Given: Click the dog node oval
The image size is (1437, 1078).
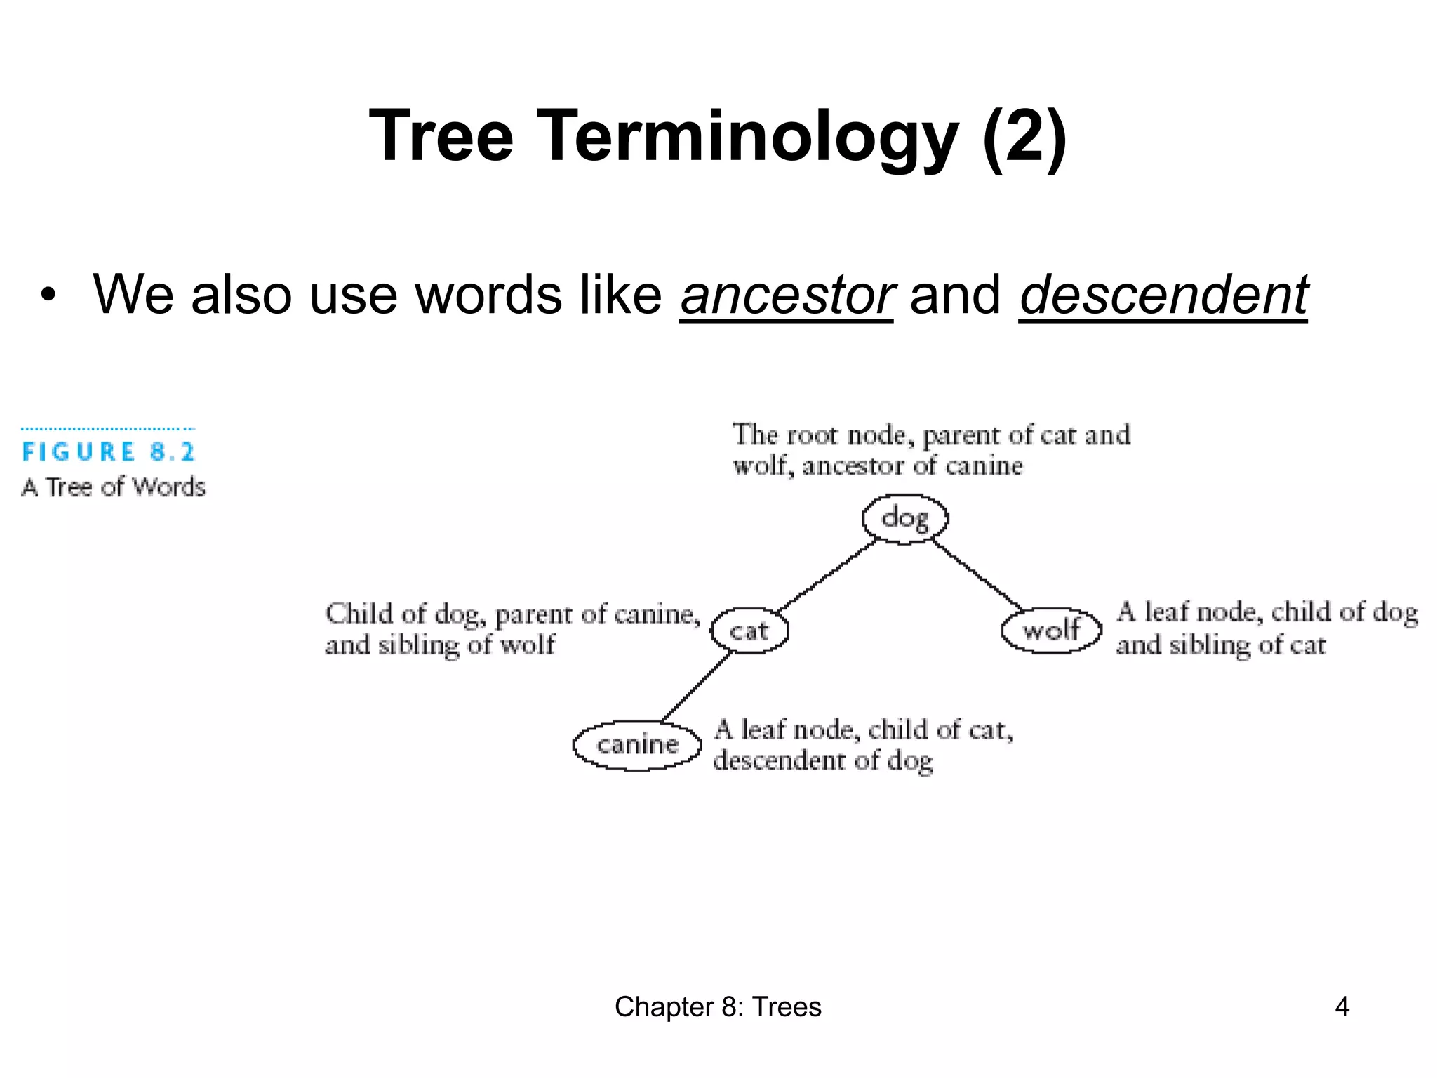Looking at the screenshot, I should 905,519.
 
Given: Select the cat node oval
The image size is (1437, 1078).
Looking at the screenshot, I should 749,630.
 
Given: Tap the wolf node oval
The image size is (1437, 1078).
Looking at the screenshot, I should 1051,630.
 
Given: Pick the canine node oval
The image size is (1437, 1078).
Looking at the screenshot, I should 637,745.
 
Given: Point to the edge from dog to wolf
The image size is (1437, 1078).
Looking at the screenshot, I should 977,574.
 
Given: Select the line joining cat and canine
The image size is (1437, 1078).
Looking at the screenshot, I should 697,686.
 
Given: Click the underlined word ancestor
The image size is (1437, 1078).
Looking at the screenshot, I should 787,295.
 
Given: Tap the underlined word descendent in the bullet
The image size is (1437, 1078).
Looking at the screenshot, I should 1163,295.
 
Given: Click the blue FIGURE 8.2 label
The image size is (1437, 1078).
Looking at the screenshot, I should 109,452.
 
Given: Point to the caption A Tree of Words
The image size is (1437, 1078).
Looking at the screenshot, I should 114,487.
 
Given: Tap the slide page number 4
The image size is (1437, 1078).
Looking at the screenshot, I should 1342,1006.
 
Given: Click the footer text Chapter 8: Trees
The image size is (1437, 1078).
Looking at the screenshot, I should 718,1006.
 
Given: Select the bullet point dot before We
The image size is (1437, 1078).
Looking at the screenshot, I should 47,295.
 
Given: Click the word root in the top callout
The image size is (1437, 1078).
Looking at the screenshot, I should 813,435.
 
